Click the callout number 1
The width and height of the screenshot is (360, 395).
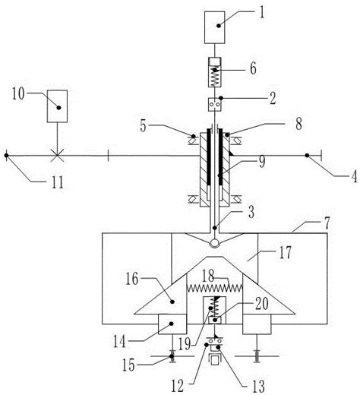262,13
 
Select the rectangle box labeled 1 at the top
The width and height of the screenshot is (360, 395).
215,27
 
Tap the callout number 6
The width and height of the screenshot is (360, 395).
253,68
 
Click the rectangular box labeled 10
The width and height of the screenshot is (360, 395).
57,106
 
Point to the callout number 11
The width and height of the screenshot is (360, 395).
57,182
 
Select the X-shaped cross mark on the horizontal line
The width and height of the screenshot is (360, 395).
57,155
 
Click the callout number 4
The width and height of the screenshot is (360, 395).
354,176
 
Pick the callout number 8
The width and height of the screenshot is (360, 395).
298,124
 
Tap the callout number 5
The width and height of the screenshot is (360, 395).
144,125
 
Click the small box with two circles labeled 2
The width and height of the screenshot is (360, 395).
215,105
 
